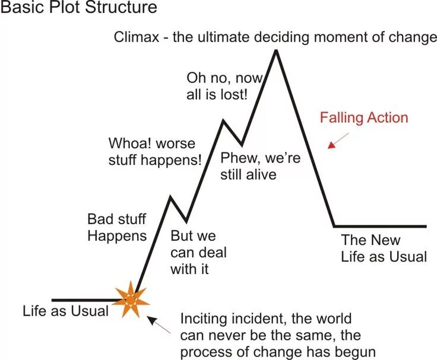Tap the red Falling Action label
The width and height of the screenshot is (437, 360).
pos(364,117)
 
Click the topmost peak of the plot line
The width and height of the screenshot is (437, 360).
pos(275,52)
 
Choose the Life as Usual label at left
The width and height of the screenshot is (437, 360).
pos(65,311)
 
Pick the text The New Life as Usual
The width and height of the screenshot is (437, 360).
pos(384,249)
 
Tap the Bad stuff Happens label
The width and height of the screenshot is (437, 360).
pos(117,227)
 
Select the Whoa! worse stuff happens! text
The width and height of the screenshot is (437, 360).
pos(155,151)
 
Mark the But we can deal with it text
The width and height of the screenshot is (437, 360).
pos(198,252)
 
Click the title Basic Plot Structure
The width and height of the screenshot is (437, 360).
pos(79,8)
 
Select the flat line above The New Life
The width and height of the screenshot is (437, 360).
pos(380,226)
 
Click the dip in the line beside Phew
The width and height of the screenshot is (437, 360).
pos(242,144)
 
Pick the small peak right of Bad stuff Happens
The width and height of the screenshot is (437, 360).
pos(171,196)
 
